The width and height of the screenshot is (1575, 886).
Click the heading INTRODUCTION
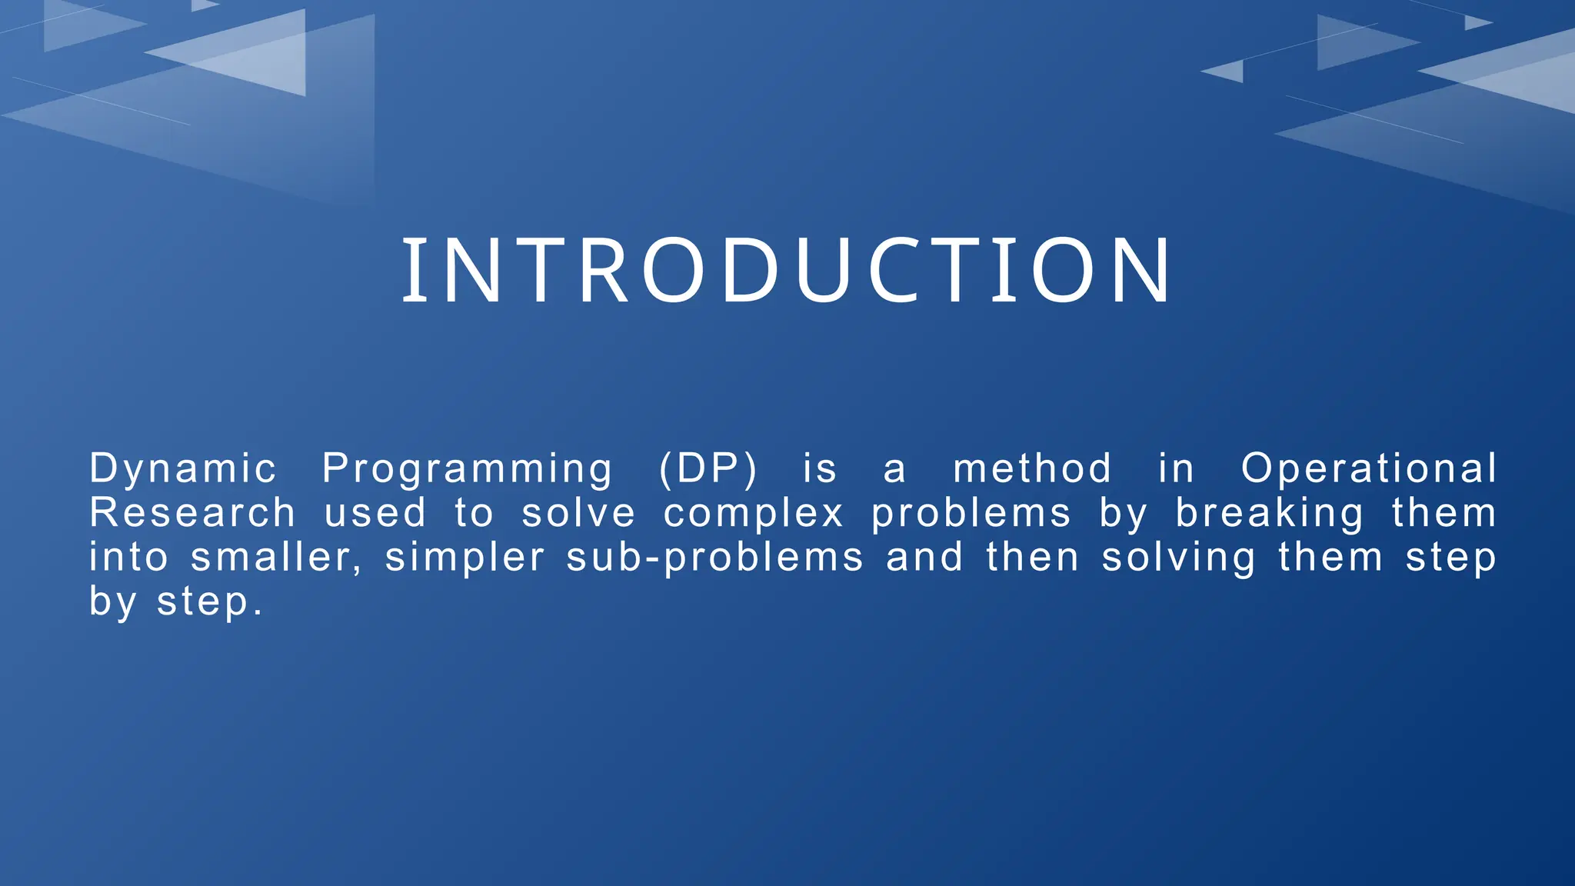click(787, 271)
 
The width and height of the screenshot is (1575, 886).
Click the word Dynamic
click(183, 468)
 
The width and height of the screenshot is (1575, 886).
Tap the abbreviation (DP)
click(708, 468)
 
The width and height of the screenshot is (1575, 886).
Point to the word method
click(1032, 468)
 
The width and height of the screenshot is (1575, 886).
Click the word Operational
click(1369, 468)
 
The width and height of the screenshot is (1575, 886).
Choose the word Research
click(192, 513)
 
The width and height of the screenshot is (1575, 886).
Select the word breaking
click(1270, 514)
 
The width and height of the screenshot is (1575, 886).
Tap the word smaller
click(275, 558)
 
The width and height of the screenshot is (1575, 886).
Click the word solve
click(578, 513)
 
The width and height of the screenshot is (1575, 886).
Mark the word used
click(375, 513)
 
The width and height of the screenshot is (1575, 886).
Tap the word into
click(128, 558)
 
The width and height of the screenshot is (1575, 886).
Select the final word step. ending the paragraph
click(210, 603)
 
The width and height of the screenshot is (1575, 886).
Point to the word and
click(924, 558)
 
